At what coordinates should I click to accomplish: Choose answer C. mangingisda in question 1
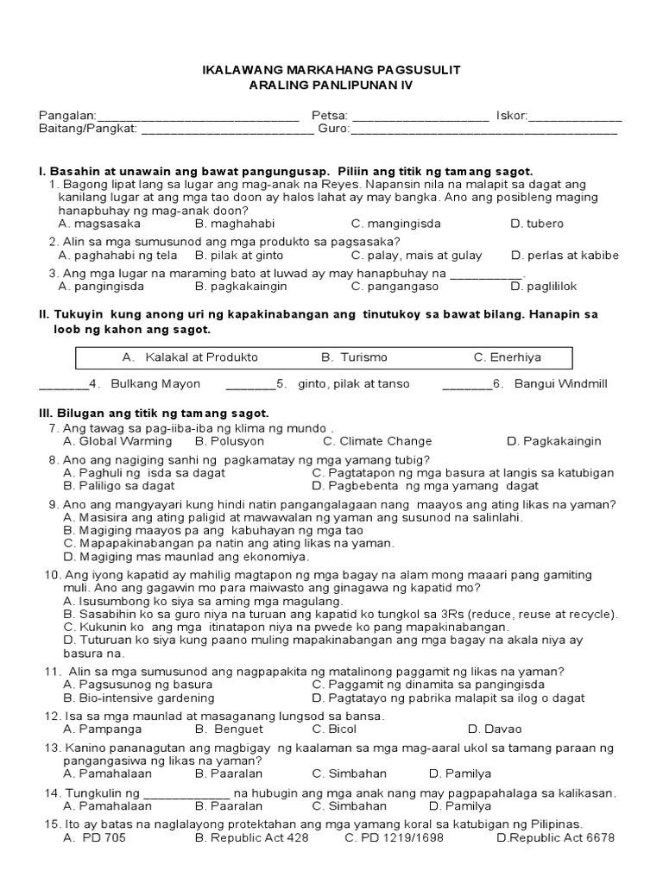pyautogui.click(x=395, y=224)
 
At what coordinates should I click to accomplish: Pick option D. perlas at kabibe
pyautogui.click(x=565, y=256)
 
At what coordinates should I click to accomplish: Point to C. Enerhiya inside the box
pyautogui.click(x=508, y=357)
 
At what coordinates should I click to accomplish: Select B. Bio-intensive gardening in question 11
pyautogui.click(x=136, y=698)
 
